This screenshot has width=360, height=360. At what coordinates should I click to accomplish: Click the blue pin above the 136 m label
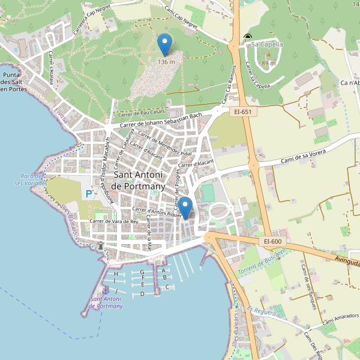[x=164, y=44]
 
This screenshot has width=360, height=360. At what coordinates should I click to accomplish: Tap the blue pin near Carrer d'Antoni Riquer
[x=186, y=206]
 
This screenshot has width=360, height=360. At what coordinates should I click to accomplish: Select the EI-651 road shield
[x=243, y=112]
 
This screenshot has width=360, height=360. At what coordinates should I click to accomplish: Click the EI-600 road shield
[x=272, y=241]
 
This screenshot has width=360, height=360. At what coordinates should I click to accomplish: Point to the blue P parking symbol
[x=89, y=194]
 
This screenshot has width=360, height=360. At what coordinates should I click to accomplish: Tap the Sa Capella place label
[x=267, y=44]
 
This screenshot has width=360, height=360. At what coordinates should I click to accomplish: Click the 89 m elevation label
[x=269, y=63]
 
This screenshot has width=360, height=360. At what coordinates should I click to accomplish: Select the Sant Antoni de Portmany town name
[x=138, y=181]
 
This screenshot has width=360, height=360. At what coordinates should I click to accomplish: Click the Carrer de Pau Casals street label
[x=142, y=113]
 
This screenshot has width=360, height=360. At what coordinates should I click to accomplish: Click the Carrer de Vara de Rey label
[x=114, y=221]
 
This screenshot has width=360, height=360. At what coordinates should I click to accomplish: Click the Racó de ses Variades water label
[x=28, y=179]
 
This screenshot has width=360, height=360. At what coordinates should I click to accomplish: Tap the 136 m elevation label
[x=167, y=62]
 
